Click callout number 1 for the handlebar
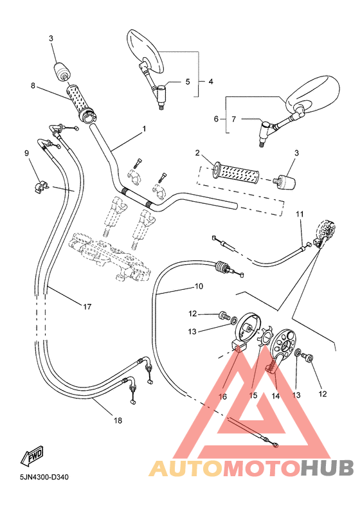[x=144, y=129]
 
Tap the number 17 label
[x=87, y=307]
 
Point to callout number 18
[x=117, y=420]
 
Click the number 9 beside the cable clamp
[x=26, y=153]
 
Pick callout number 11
[x=299, y=214]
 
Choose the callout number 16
[x=223, y=397]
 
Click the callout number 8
[x=32, y=85]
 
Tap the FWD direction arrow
[x=33, y=458]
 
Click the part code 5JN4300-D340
[x=44, y=478]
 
